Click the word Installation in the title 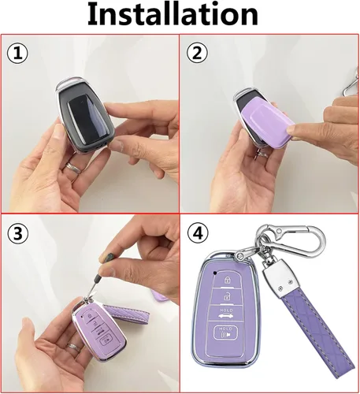[x=173, y=13]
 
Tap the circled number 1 [x=17, y=54]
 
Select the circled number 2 [x=197, y=54]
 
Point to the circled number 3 [x=17, y=233]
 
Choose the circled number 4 [x=199, y=233]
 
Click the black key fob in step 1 [x=84, y=114]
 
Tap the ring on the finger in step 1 [x=73, y=168]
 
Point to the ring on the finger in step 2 [x=263, y=154]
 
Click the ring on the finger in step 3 [x=74, y=348]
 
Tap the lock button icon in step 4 [x=227, y=280]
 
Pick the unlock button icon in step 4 [x=226, y=297]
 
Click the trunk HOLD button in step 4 [x=225, y=314]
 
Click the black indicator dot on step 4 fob [x=215, y=273]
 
